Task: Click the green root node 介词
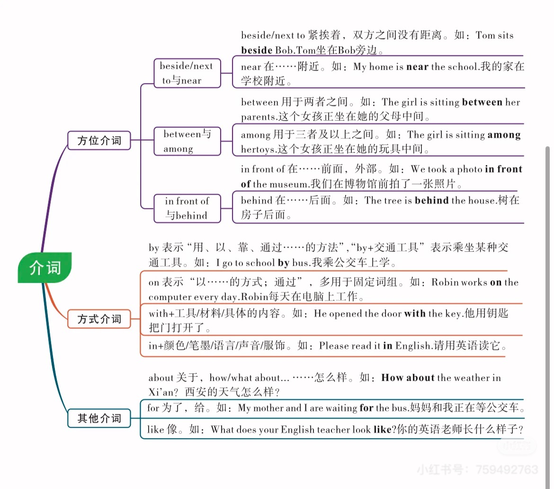click(x=45, y=268)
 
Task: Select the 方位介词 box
click(x=99, y=141)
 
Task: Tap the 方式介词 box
click(x=99, y=319)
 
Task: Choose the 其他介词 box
click(x=99, y=418)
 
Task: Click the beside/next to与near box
click(x=187, y=73)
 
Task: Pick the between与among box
click(x=187, y=141)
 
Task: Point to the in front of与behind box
click(x=187, y=208)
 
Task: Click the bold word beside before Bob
click(x=257, y=50)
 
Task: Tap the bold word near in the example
click(x=417, y=67)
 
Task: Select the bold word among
click(x=504, y=135)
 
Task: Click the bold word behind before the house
click(x=431, y=200)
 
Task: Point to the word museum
click(x=288, y=184)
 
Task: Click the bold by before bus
click(x=284, y=263)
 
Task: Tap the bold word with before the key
click(x=415, y=313)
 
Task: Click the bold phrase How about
click(x=408, y=378)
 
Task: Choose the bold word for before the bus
click(x=366, y=408)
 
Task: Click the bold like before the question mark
click(x=383, y=430)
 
